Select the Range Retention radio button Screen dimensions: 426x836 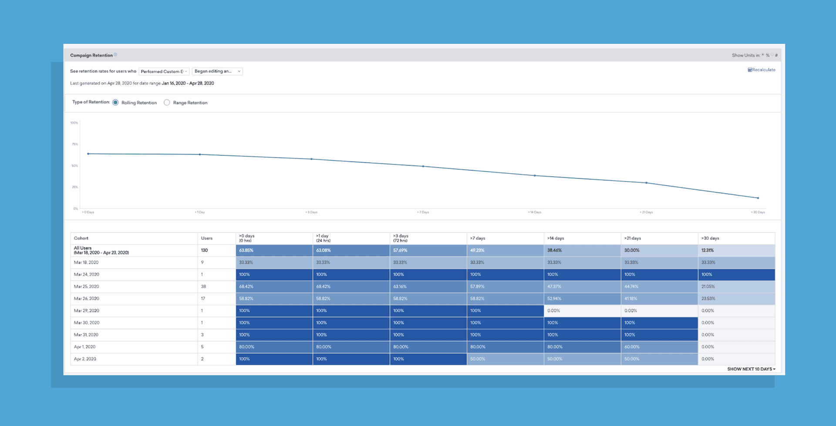coord(167,103)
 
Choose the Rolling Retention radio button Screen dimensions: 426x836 coord(115,103)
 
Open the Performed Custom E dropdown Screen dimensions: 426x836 coord(164,71)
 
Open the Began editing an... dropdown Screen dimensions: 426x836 coord(217,71)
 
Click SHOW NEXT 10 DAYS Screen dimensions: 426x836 coord(751,369)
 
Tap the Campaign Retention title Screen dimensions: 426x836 coord(91,55)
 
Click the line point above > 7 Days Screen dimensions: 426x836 coord(423,166)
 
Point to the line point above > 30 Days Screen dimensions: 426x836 coord(758,198)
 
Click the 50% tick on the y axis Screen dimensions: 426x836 coord(75,166)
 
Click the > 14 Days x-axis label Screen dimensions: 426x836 coord(535,212)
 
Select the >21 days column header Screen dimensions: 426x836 coord(633,238)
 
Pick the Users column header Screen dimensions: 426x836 coord(207,238)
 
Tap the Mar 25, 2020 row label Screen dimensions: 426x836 coord(87,286)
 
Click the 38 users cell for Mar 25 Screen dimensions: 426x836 coord(204,286)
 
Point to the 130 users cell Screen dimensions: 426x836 coord(205,250)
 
